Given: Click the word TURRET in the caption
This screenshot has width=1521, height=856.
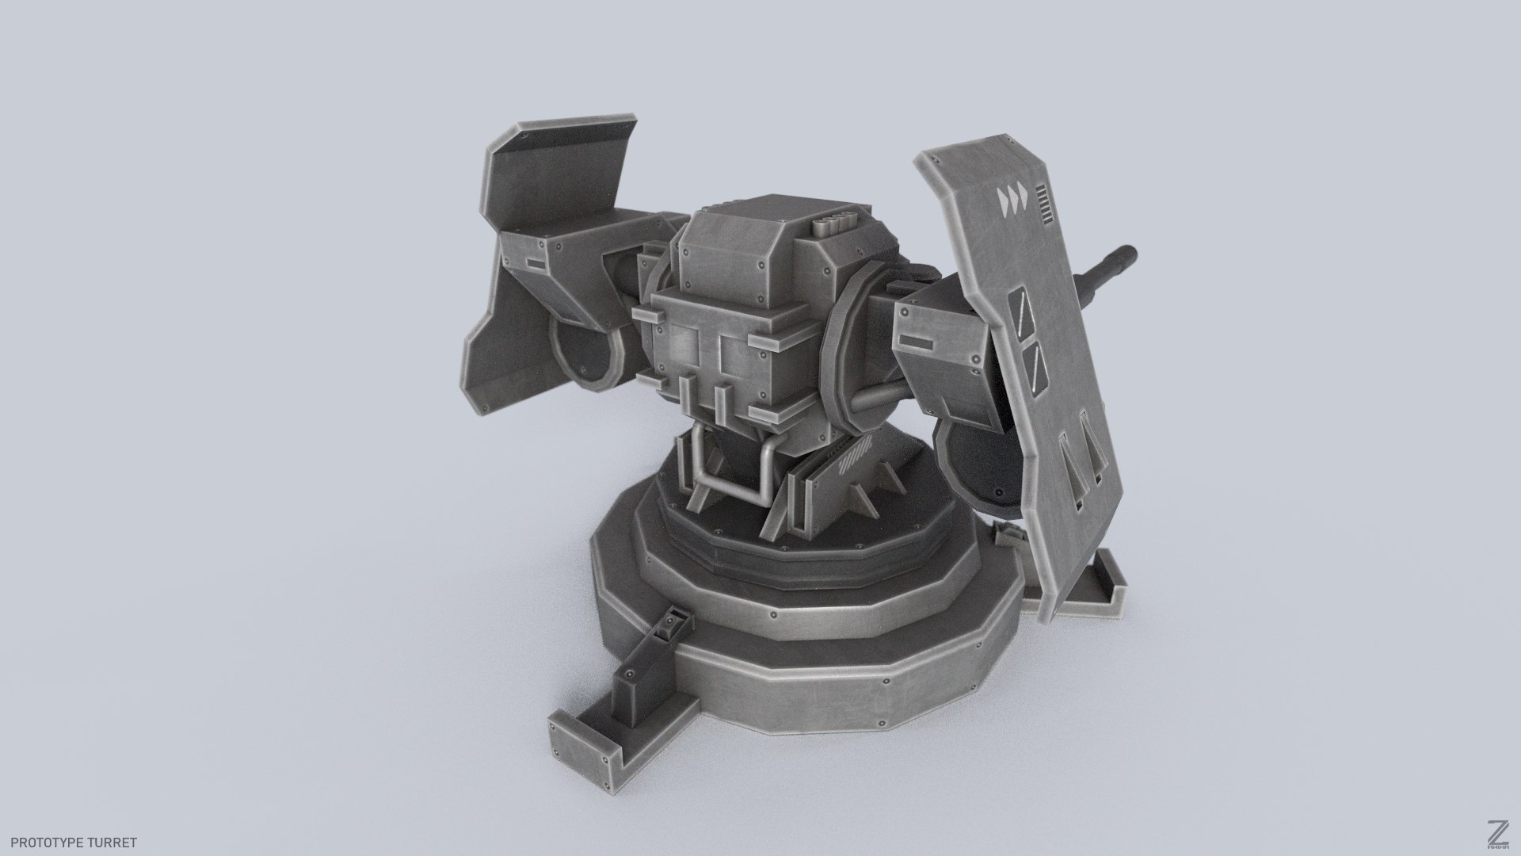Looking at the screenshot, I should tap(116, 843).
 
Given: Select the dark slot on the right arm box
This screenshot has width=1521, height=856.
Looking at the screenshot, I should tap(917, 342).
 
